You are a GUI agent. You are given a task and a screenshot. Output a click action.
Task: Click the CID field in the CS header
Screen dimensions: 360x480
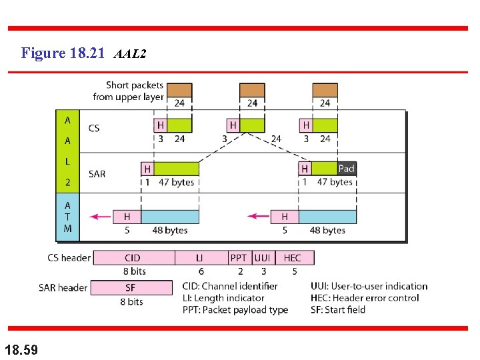click(133, 258)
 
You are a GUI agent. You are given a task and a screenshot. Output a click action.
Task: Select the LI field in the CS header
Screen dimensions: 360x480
click(200, 258)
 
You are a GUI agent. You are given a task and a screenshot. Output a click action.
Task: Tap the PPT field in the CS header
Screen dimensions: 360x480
click(238, 258)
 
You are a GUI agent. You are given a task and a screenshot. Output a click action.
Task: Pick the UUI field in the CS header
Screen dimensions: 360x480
click(262, 258)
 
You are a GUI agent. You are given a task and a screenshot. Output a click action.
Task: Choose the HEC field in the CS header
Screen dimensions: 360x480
click(292, 258)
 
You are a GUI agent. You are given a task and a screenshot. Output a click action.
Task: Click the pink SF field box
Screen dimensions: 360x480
click(131, 288)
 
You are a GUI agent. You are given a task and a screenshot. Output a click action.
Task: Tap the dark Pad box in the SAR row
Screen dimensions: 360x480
click(346, 169)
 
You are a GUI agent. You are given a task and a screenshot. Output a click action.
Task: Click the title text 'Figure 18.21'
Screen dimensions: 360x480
click(63, 53)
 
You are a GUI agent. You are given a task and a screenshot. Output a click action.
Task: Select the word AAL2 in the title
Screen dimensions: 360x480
click(130, 54)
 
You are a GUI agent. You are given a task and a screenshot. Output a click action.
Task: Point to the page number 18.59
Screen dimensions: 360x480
click(21, 348)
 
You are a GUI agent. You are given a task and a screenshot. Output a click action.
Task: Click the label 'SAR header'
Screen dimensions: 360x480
click(63, 288)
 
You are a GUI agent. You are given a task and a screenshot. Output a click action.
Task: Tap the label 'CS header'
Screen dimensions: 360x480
click(69, 258)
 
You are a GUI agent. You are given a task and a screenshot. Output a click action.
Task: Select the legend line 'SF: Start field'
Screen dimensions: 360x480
click(338, 310)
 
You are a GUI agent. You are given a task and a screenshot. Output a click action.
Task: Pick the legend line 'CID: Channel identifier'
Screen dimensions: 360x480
click(229, 286)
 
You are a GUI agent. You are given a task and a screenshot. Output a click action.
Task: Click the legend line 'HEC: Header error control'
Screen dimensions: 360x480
click(365, 298)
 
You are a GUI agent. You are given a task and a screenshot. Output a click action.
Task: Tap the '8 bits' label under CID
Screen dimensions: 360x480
click(134, 271)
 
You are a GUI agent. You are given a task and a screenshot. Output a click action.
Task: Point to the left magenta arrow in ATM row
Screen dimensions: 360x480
click(101, 217)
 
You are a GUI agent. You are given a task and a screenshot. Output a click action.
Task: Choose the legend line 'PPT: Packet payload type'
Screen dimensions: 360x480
click(235, 310)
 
